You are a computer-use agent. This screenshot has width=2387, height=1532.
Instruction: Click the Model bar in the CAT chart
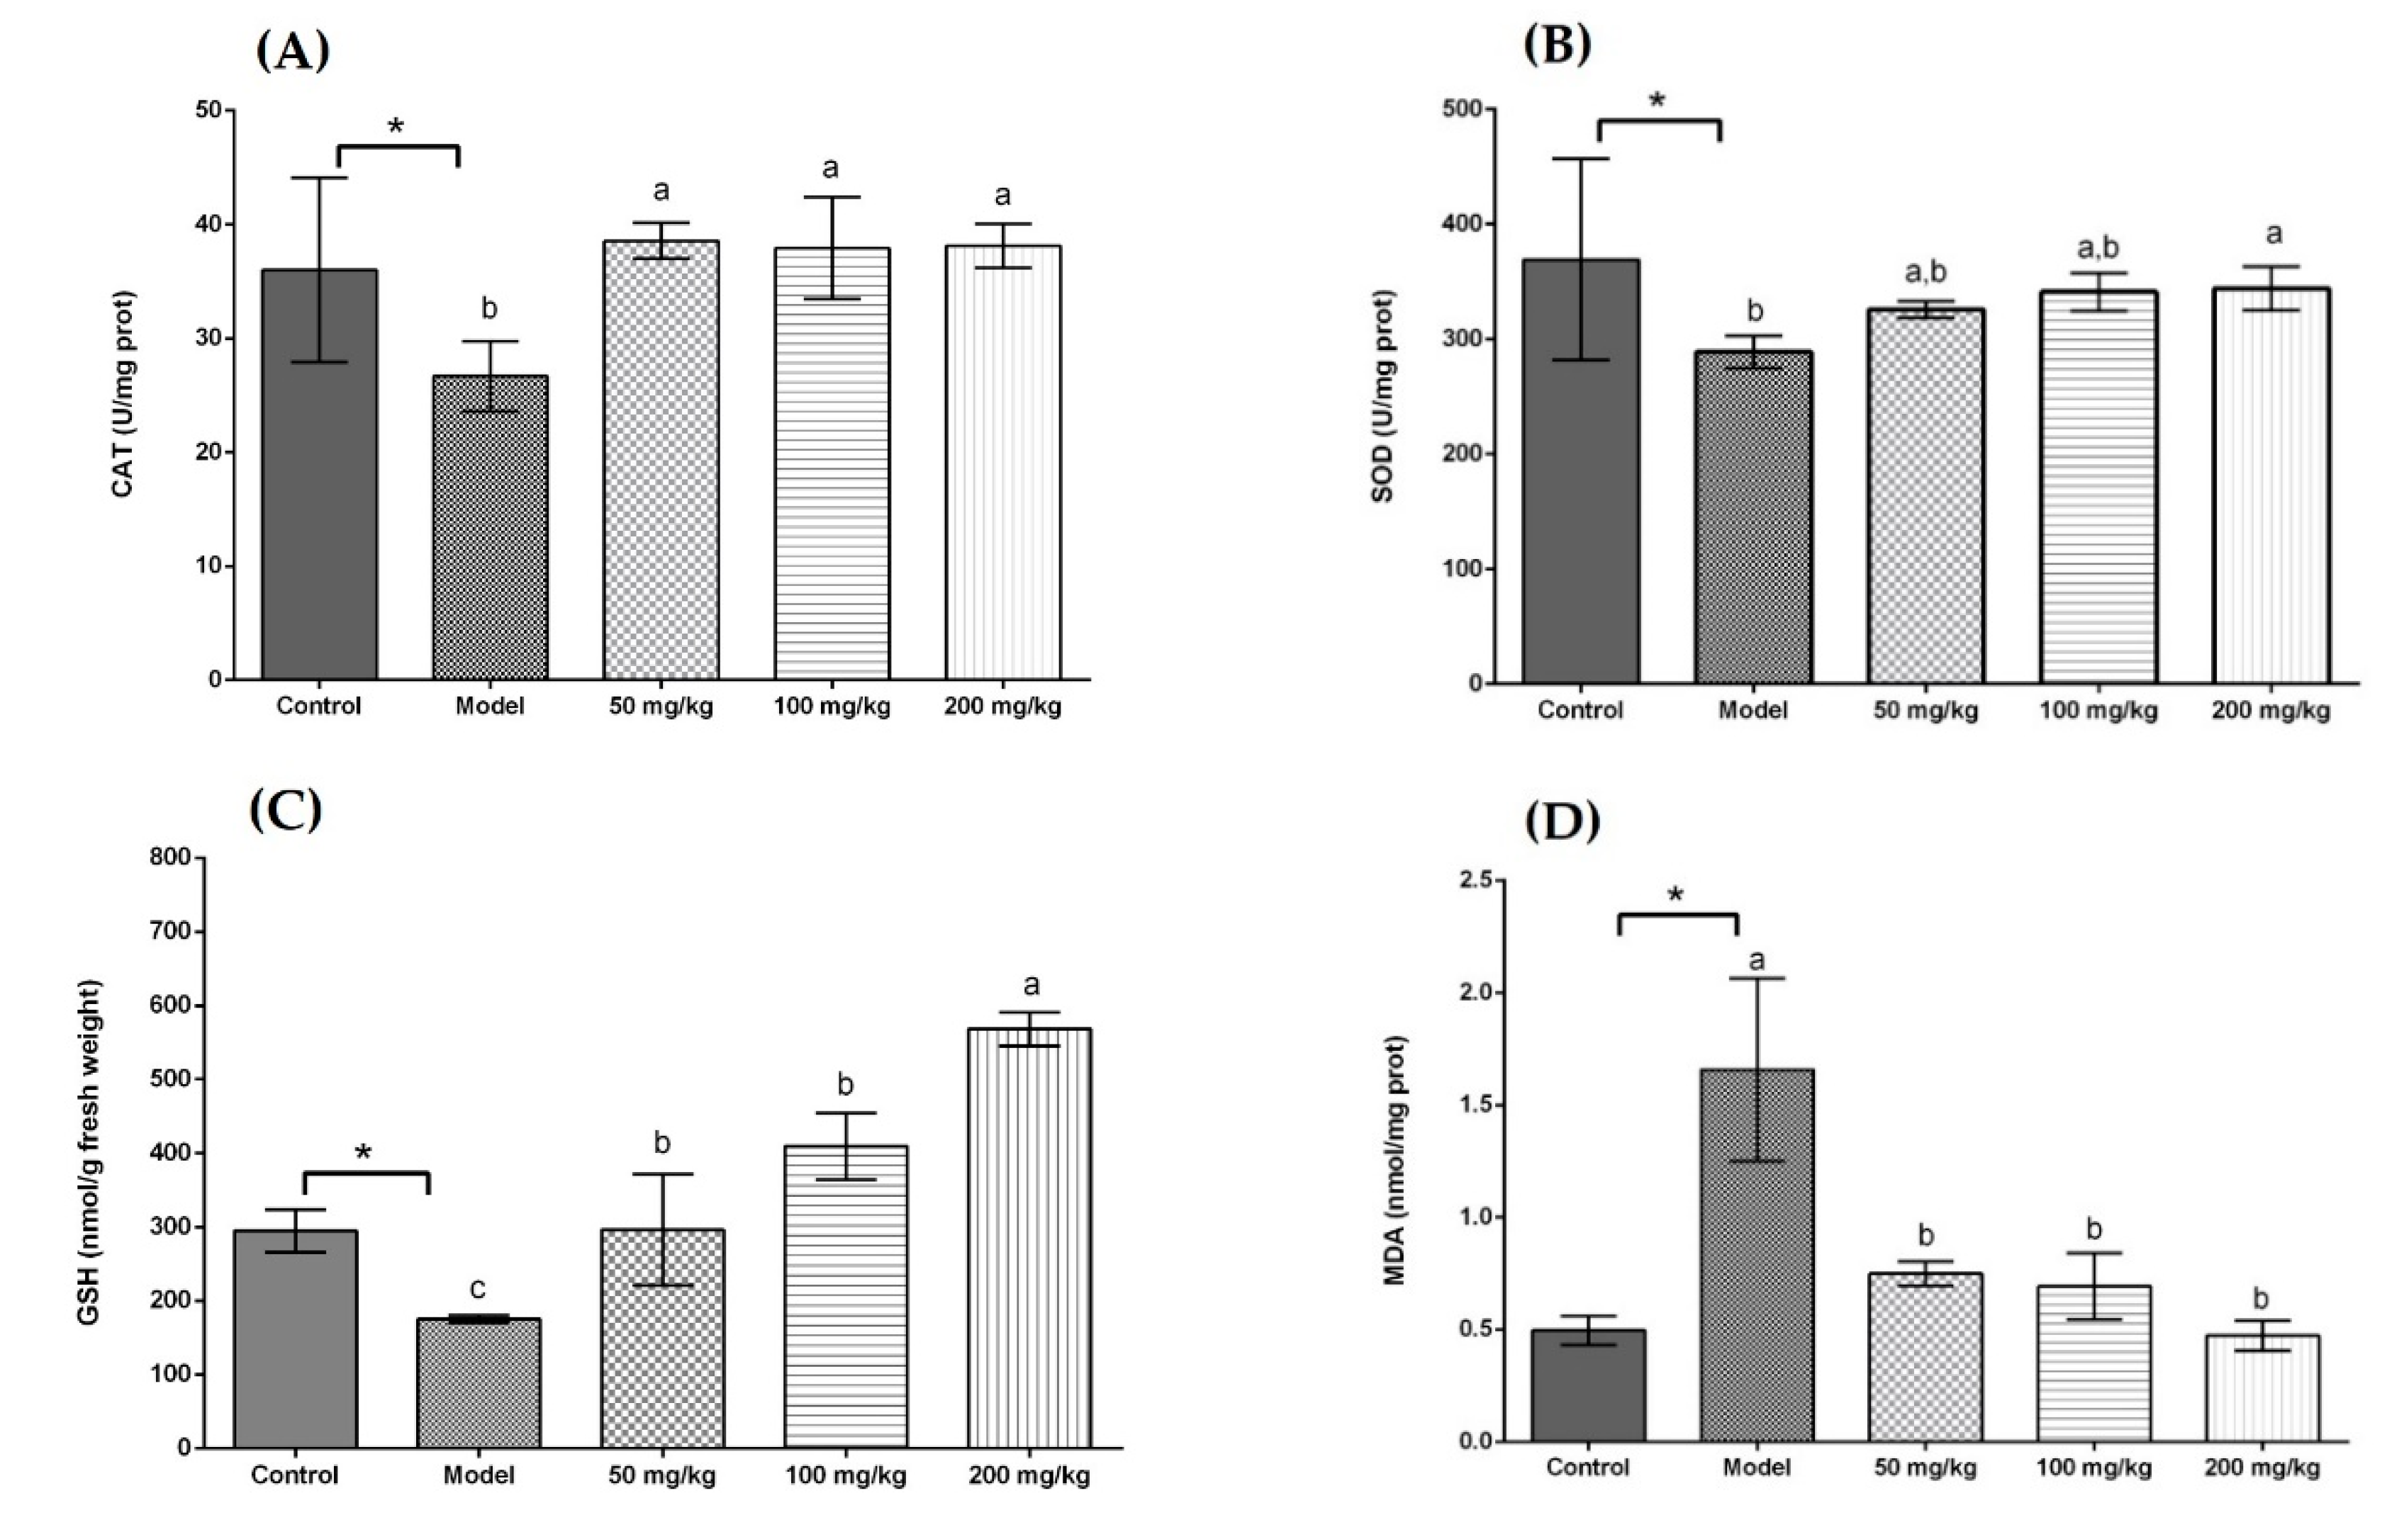(x=490, y=527)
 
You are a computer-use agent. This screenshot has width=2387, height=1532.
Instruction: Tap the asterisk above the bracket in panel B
(x=1657, y=101)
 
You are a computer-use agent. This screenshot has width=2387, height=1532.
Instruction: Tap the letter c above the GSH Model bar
(x=478, y=1288)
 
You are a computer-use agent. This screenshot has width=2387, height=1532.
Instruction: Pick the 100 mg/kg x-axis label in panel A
(x=832, y=707)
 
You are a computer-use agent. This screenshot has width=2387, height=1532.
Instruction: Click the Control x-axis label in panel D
(x=1588, y=1468)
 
